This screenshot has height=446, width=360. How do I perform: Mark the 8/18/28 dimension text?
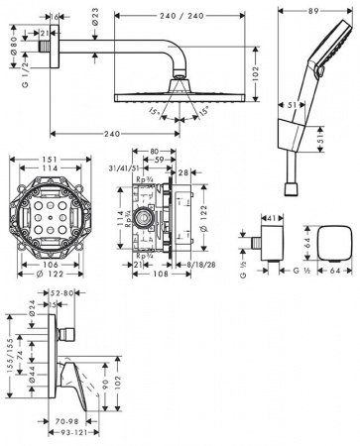click(199, 262)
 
